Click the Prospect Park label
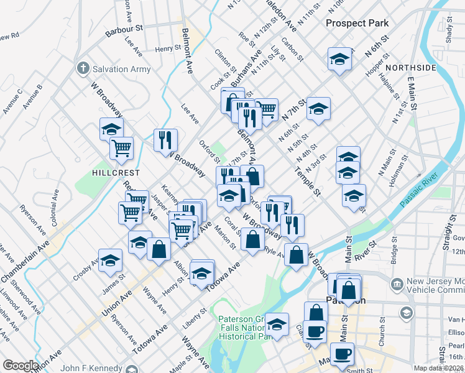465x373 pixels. tap(357, 23)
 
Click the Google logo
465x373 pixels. tap(20, 366)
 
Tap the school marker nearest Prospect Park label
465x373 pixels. tap(339, 59)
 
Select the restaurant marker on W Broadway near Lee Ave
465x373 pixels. tap(165, 139)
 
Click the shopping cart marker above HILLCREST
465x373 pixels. tap(121, 148)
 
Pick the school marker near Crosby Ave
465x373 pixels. tap(110, 260)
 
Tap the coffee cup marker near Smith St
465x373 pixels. tap(341, 354)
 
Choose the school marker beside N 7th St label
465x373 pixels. tap(318, 109)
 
